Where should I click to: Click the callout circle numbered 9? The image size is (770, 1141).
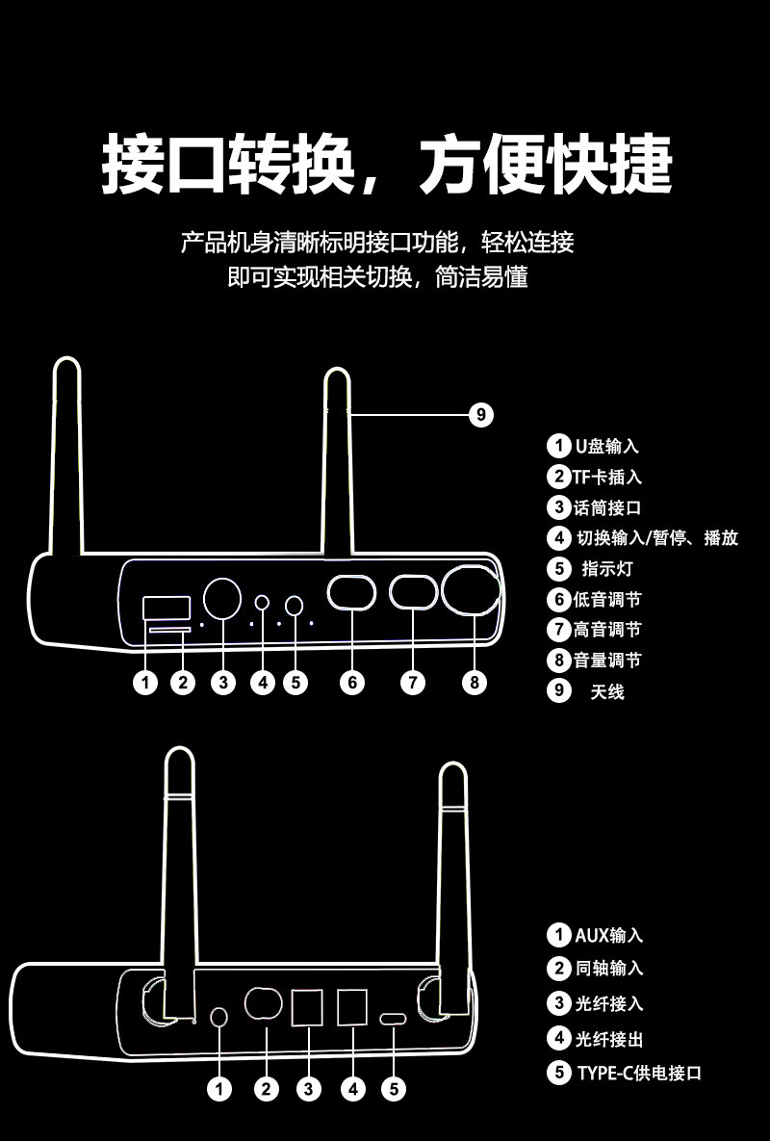click(x=481, y=415)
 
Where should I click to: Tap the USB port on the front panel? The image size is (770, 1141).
click(x=166, y=608)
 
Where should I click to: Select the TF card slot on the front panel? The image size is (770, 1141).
click(x=169, y=629)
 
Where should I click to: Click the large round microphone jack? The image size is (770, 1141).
click(x=222, y=599)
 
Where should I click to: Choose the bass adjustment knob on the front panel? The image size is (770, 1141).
click(x=351, y=592)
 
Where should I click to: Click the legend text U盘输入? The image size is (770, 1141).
click(x=606, y=446)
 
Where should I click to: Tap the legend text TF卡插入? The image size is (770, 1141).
click(x=607, y=477)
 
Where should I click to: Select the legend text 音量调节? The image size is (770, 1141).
click(x=606, y=661)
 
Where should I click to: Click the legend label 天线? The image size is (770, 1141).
click(x=606, y=691)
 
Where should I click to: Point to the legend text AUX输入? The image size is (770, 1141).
click(x=608, y=935)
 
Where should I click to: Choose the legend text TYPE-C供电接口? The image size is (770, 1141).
click(x=638, y=1073)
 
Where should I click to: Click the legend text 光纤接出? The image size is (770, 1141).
click(x=608, y=1038)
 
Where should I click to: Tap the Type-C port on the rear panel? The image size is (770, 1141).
click(x=394, y=1020)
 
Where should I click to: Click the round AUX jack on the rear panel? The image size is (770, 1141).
click(x=219, y=1017)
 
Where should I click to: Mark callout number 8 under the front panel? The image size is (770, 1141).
click(x=474, y=683)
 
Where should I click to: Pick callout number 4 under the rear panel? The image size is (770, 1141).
click(x=353, y=1089)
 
